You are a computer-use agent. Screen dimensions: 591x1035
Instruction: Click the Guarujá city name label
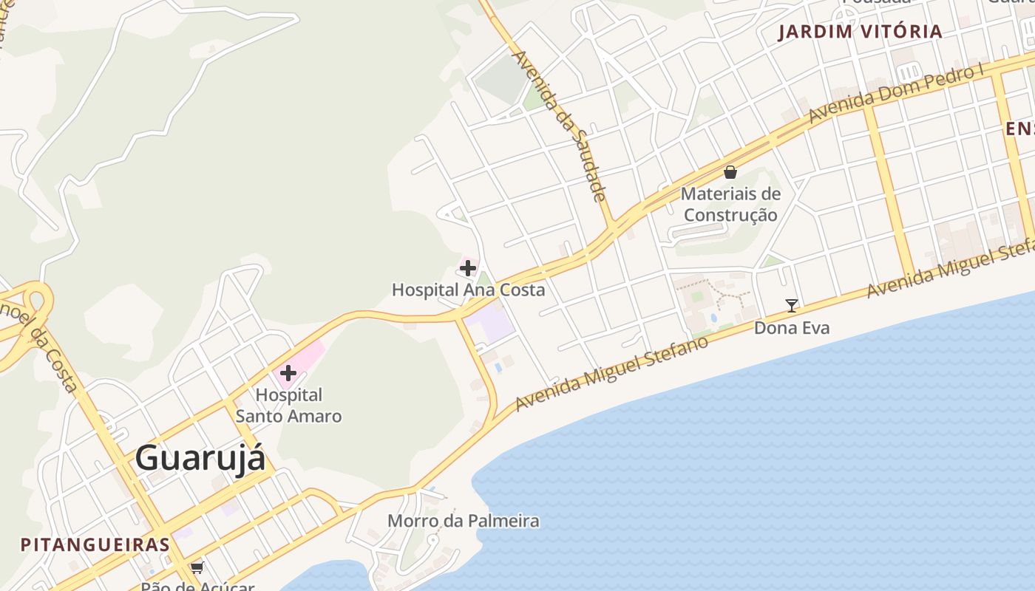(200, 458)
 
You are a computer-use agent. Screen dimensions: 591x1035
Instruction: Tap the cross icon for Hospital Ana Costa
(468, 267)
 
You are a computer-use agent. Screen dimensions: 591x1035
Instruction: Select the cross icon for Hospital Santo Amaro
(288, 374)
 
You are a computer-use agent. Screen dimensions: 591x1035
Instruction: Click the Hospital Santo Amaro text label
(288, 406)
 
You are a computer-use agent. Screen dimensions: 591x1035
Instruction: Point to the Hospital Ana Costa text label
(468, 290)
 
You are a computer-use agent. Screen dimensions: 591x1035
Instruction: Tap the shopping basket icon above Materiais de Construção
(730, 173)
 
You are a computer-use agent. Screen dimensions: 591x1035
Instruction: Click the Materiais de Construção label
(730, 205)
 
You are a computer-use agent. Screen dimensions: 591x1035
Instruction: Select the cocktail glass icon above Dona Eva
(792, 305)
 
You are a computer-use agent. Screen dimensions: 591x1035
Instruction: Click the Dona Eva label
(792, 327)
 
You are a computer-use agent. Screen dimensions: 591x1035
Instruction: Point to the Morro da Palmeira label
(464, 521)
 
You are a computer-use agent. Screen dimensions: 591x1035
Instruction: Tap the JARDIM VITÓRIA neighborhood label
(861, 32)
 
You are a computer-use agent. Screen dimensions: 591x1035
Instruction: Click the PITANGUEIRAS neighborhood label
(95, 545)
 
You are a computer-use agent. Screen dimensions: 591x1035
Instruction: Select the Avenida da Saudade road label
(560, 126)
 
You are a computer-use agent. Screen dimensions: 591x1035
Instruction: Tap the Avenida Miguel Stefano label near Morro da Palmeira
(611, 373)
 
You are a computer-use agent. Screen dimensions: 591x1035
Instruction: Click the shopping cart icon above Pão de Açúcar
(197, 567)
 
